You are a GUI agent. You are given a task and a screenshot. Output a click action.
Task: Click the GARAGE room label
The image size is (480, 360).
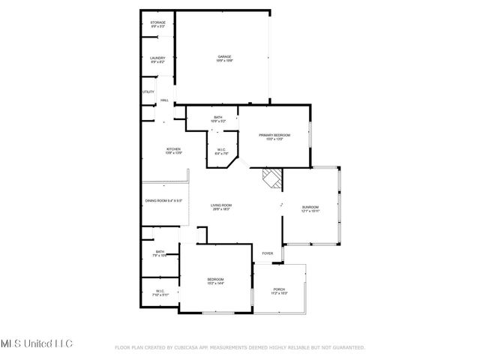point(223,57)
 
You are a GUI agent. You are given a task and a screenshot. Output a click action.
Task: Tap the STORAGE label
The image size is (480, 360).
point(157,23)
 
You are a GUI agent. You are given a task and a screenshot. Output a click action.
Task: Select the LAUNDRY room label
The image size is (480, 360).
point(157,58)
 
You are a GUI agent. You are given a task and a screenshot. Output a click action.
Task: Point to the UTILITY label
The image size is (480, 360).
point(148,92)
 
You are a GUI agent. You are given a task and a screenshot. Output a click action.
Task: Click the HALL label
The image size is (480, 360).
point(163,100)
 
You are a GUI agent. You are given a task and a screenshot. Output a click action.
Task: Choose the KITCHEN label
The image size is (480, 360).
point(173,150)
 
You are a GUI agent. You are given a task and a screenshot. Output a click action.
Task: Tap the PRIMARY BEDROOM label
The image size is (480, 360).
point(274,135)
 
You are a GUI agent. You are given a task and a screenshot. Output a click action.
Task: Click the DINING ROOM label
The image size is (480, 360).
point(163,200)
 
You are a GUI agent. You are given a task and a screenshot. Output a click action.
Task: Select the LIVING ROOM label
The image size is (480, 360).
point(220,205)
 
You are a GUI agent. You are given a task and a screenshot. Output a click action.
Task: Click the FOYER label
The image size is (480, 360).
point(267,253)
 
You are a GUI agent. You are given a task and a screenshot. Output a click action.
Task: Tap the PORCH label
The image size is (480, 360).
point(279,289)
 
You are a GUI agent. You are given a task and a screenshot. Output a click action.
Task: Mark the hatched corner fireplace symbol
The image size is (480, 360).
point(271,178)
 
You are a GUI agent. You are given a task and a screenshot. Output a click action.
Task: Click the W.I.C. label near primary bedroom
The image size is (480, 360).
point(222,149)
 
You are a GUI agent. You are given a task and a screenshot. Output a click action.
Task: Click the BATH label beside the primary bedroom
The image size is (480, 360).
point(217,118)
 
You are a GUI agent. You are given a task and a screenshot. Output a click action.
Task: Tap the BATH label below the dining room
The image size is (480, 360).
point(160,252)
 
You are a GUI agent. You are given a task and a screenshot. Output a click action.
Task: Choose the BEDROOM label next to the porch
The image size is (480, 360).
point(216,280)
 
